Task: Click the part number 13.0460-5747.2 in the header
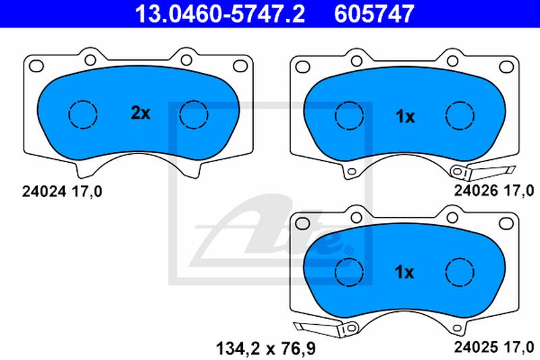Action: [220, 14]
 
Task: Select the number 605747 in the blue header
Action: [374, 14]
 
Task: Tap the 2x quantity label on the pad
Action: [140, 113]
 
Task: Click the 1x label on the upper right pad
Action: [406, 117]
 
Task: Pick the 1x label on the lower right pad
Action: [404, 272]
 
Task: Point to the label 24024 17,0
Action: [62, 192]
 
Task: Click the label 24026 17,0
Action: [494, 190]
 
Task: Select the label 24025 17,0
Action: [494, 347]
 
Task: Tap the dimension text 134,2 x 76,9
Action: [265, 349]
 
